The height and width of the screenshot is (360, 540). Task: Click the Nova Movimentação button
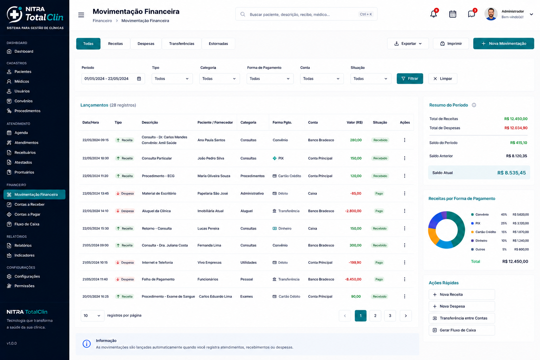tap(503, 44)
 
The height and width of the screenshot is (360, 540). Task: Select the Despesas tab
tap(146, 44)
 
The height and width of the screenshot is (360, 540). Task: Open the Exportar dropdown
tap(408, 44)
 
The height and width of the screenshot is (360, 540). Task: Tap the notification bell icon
tap(433, 14)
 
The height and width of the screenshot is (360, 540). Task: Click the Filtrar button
tap(410, 79)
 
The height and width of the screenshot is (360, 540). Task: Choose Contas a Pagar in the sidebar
tap(27, 214)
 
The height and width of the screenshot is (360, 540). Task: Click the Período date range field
tap(113, 79)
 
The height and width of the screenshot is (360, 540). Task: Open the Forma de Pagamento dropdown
tap(270, 79)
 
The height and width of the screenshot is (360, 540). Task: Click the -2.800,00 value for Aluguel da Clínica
tap(353, 211)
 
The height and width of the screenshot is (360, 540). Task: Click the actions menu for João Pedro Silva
tap(405, 158)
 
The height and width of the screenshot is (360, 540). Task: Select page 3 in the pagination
tap(390, 316)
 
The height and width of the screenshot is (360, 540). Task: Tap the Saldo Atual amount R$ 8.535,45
tap(512, 173)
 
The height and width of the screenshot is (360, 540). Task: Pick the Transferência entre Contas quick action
tap(462, 318)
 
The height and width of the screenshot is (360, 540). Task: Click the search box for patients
tap(306, 14)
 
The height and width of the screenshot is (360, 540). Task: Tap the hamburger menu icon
tap(81, 15)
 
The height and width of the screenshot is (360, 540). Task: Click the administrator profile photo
tap(491, 14)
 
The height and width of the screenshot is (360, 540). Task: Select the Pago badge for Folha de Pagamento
tap(379, 279)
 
